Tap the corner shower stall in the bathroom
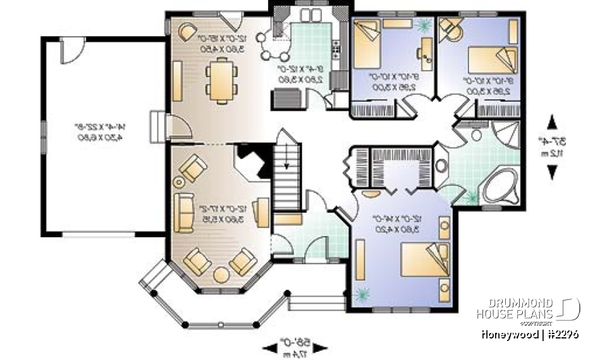(x=506, y=135)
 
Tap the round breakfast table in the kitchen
(x=276, y=46)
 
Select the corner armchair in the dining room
(x=188, y=31)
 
